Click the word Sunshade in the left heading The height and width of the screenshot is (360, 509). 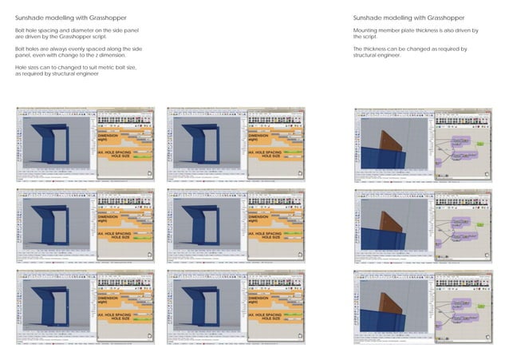[30, 18]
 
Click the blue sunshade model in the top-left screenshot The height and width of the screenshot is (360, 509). [53, 144]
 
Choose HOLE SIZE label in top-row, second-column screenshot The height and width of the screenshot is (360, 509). [270, 156]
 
